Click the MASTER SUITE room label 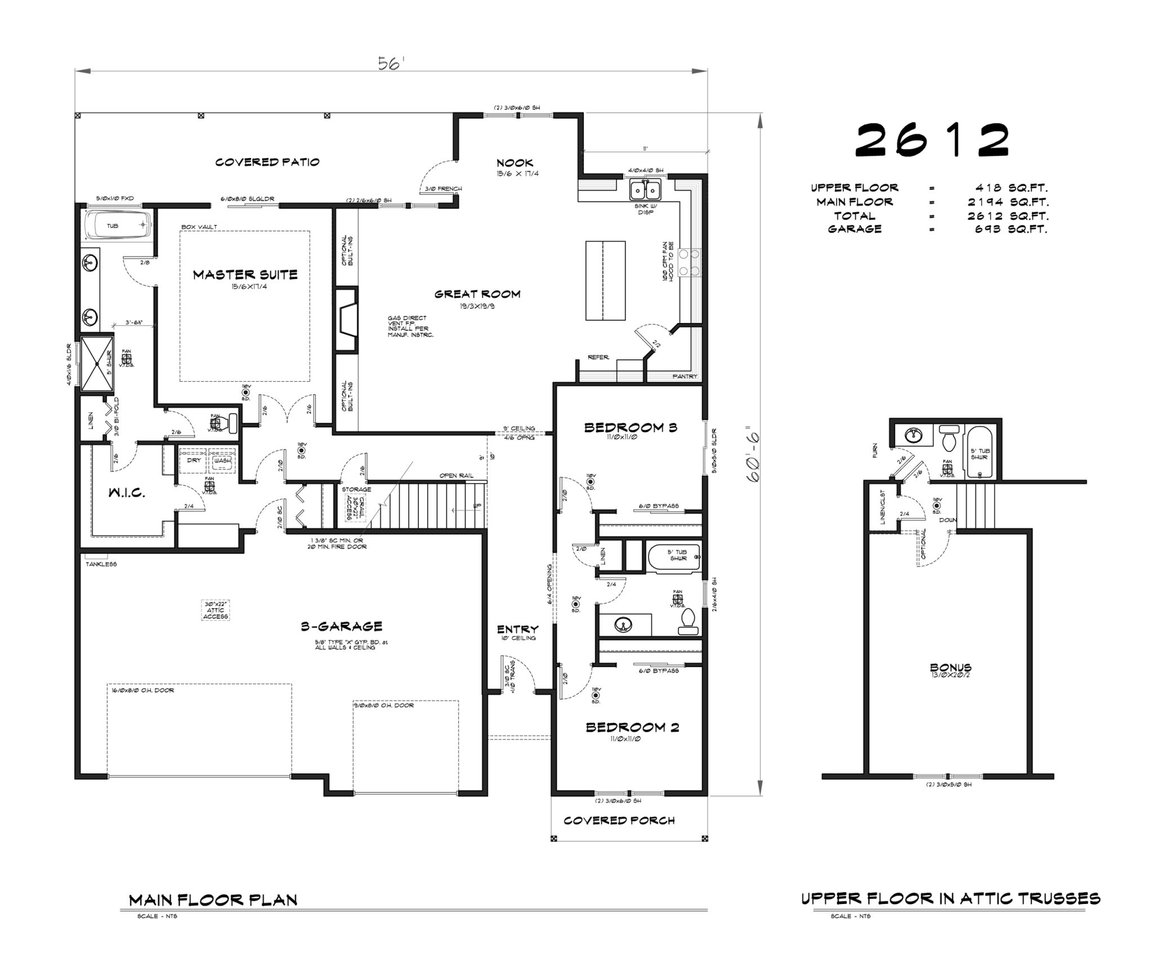[x=245, y=275]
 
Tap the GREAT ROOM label [x=477, y=294]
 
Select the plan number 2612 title [x=932, y=141]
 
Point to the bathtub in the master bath [x=118, y=225]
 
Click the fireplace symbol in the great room [x=346, y=320]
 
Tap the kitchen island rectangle [x=605, y=280]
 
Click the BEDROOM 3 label [x=630, y=427]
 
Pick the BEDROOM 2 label [x=632, y=727]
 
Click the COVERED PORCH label [x=619, y=820]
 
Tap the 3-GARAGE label [x=341, y=626]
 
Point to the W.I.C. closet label [x=127, y=493]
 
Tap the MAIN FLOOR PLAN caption [x=213, y=900]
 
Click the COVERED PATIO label [x=267, y=162]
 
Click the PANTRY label [x=685, y=376]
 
